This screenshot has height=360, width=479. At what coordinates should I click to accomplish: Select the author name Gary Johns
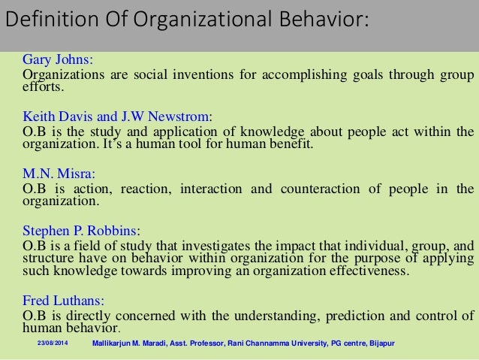[x=57, y=59]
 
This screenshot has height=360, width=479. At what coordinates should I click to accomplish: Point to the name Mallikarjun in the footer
[x=111, y=343]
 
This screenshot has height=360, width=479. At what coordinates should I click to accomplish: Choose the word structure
[x=46, y=259]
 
